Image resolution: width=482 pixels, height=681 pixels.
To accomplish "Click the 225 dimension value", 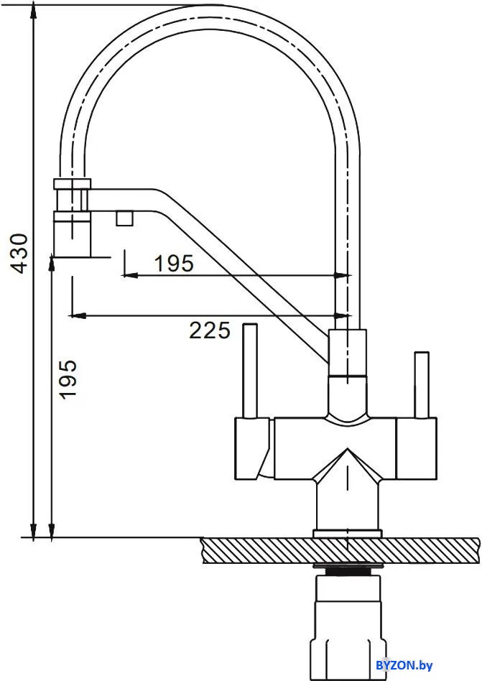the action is [210, 330].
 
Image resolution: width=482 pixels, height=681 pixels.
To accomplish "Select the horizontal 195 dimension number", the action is [174, 264].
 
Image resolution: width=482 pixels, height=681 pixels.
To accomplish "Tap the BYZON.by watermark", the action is [404, 665].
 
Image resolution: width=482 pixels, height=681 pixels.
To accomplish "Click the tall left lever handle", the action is [249, 371].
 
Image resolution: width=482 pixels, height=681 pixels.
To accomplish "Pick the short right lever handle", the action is [421, 385].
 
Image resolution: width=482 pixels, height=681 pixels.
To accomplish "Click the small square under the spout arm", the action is [124, 218].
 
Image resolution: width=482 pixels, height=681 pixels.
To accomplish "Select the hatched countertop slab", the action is [340, 550].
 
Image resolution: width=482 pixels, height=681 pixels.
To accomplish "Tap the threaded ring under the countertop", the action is [348, 569].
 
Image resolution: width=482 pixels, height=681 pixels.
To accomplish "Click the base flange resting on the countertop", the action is [347, 533].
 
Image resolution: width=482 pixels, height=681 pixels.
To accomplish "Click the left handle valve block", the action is [252, 448].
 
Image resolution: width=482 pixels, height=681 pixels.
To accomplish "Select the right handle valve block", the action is [417, 448].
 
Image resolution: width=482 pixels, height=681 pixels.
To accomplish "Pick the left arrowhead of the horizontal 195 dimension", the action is [130, 275].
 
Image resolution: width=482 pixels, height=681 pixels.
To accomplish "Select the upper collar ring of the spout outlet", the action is [73, 184].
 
